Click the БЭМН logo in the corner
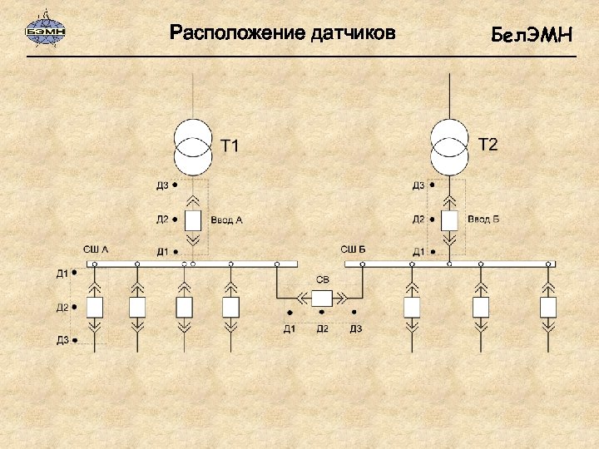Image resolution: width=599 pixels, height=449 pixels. click(47, 32)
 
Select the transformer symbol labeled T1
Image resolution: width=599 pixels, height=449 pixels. click(193, 146)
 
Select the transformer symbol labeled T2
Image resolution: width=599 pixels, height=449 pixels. click(449, 146)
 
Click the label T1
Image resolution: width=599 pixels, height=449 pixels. click(230, 147)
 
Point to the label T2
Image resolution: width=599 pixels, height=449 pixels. click(488, 146)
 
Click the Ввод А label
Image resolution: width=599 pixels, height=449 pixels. click(226, 220)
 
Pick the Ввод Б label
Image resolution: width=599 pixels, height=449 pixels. click(483, 220)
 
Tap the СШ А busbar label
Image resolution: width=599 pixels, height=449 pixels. click(96, 249)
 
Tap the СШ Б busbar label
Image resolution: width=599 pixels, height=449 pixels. click(353, 249)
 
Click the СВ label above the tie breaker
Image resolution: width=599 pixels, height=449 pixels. click(321, 279)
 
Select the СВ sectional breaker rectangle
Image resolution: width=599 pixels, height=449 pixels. click(321, 298)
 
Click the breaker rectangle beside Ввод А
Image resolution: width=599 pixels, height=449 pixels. click(193, 220)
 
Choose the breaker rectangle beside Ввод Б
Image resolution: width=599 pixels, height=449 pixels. click(449, 220)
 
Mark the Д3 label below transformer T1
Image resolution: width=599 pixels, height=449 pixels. click(162, 185)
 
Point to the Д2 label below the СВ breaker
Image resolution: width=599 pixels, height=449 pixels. click(322, 328)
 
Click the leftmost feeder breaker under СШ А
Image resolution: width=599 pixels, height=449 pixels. click(94, 307)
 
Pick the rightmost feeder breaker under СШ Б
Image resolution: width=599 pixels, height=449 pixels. click(547, 307)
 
